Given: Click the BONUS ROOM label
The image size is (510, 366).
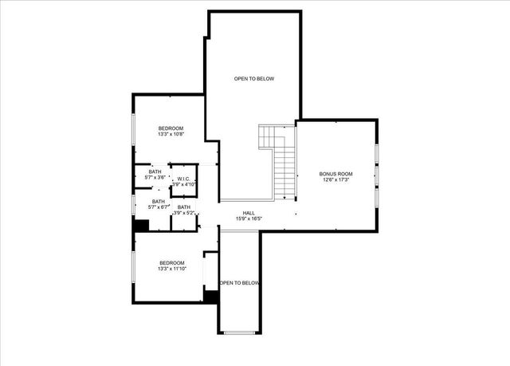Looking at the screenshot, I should coord(335,174).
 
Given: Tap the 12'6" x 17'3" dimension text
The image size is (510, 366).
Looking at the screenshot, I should coord(335,180).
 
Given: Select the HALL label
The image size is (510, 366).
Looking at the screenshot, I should coord(249,213).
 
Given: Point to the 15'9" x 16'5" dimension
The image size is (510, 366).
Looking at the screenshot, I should coord(249,218).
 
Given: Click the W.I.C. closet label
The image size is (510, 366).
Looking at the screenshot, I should coord(183,179).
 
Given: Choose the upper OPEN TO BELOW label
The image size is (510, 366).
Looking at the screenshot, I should coord(253,78).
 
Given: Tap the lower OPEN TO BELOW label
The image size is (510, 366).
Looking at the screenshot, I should coord(239,283).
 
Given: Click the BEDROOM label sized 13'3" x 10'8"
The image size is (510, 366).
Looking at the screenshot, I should coord(171,128).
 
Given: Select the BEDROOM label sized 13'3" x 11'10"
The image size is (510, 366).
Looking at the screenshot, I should coord(171,263).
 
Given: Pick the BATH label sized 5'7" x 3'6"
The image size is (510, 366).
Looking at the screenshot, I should coord(155,171).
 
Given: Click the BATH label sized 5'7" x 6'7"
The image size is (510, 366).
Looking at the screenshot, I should coord(159,202).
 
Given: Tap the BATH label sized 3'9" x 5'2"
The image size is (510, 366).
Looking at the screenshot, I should coord(184,207).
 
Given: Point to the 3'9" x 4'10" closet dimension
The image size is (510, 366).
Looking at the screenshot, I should coord(184,184).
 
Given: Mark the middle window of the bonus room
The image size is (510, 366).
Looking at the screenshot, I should coord(377,174).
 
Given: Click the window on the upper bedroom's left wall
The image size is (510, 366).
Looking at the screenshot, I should coord(133,128).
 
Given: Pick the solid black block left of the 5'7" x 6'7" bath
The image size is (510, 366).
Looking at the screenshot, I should coord(140,226).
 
